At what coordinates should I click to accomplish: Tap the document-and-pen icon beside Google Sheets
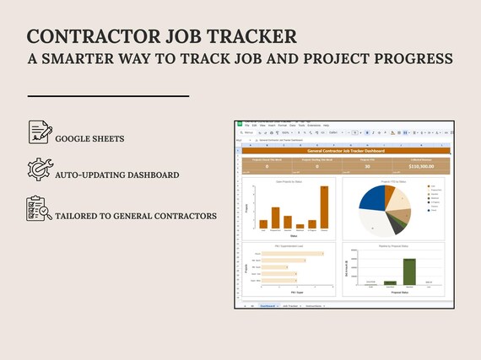click(39, 132)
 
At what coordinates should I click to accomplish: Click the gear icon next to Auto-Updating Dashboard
click(39, 169)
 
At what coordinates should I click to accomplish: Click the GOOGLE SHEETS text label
click(89, 138)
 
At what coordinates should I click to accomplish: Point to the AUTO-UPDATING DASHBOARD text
click(116, 175)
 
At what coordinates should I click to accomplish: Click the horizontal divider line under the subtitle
click(107, 96)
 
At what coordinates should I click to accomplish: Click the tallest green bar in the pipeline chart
click(409, 271)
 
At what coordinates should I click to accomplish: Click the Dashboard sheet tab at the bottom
click(268, 306)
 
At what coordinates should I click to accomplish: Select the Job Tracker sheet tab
click(291, 306)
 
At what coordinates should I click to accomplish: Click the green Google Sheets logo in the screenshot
click(239, 125)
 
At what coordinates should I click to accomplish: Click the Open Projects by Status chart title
click(288, 180)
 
